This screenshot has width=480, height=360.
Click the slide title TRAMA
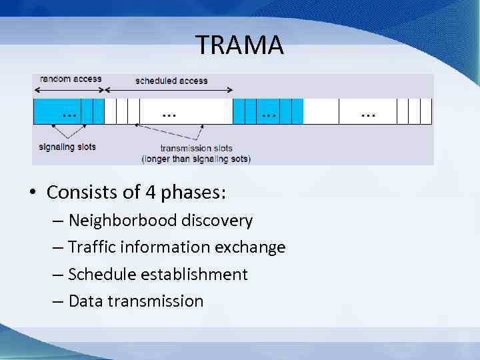point(240,45)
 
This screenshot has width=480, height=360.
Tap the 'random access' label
point(71,79)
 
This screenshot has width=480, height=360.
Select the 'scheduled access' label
point(171,81)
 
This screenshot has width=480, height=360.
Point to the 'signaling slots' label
point(67,147)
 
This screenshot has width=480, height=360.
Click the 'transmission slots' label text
point(195,148)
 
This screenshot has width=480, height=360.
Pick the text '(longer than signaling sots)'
point(196,159)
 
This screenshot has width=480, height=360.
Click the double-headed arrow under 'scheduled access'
point(169,89)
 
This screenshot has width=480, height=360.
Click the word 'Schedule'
point(101,274)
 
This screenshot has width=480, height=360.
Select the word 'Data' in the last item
point(86,301)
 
